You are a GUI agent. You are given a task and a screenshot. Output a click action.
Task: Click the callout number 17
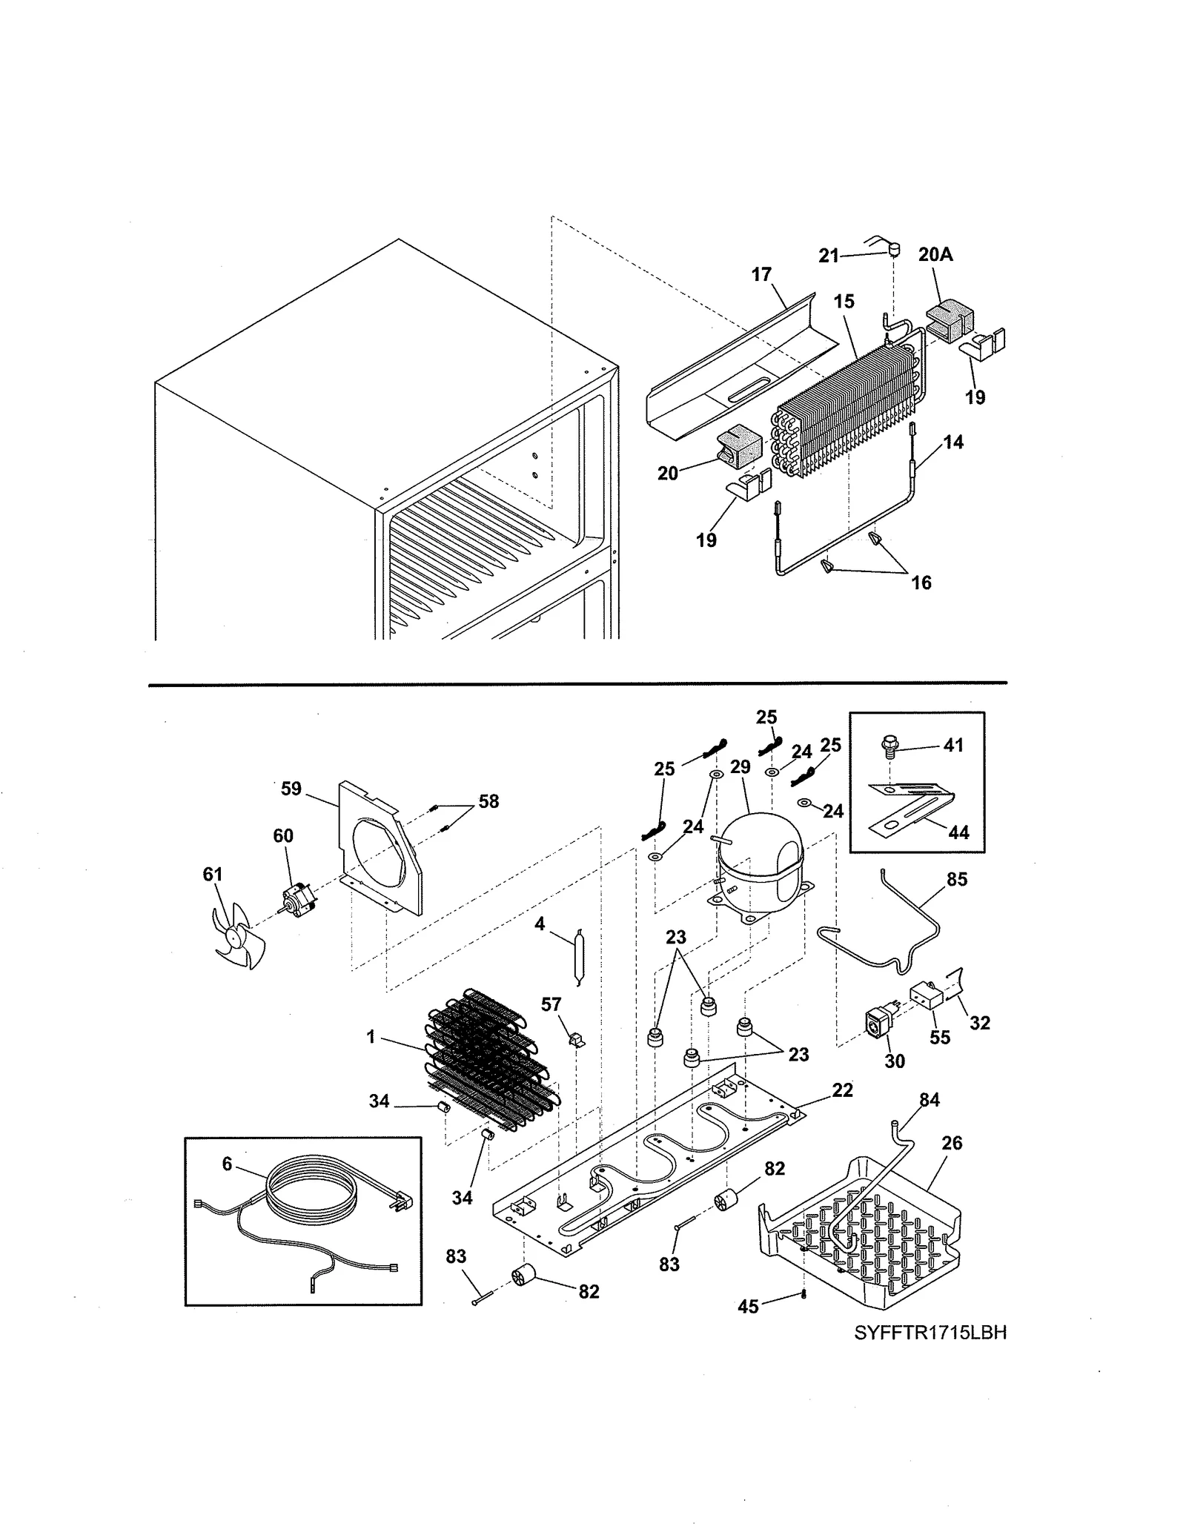tap(761, 275)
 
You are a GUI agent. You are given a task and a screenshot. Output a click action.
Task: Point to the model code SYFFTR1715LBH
tap(930, 1333)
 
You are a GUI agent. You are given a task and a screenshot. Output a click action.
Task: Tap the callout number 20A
tap(935, 255)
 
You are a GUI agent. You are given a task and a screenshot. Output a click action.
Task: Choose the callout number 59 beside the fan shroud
tap(291, 789)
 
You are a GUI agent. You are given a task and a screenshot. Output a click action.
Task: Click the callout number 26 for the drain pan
tap(952, 1144)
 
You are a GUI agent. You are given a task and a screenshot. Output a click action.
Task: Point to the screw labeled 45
tap(804, 1295)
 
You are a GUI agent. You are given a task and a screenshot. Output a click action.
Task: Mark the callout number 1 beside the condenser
tap(371, 1038)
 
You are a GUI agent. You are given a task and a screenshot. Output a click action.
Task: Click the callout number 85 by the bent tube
tap(957, 880)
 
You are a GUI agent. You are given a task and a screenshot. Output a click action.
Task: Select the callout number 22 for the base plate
tap(842, 1090)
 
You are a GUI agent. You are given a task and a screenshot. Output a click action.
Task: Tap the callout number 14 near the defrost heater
tap(953, 442)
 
